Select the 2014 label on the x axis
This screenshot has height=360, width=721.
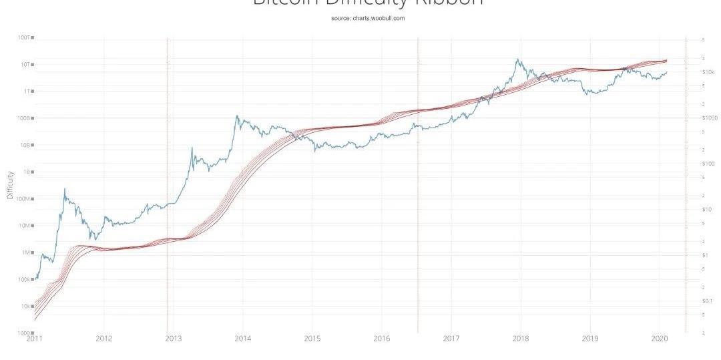tap(243, 339)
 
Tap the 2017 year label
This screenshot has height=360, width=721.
tap(452, 339)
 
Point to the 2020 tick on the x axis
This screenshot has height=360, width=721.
tap(660, 339)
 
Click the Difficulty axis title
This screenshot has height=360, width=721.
tap(10, 185)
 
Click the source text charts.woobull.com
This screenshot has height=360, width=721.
tap(368, 18)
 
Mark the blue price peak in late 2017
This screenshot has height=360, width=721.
tap(517, 59)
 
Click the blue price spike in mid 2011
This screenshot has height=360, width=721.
tap(65, 189)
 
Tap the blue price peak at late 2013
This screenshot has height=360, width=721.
tap(236, 116)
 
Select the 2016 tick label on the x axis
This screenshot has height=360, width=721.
tap(382, 339)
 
